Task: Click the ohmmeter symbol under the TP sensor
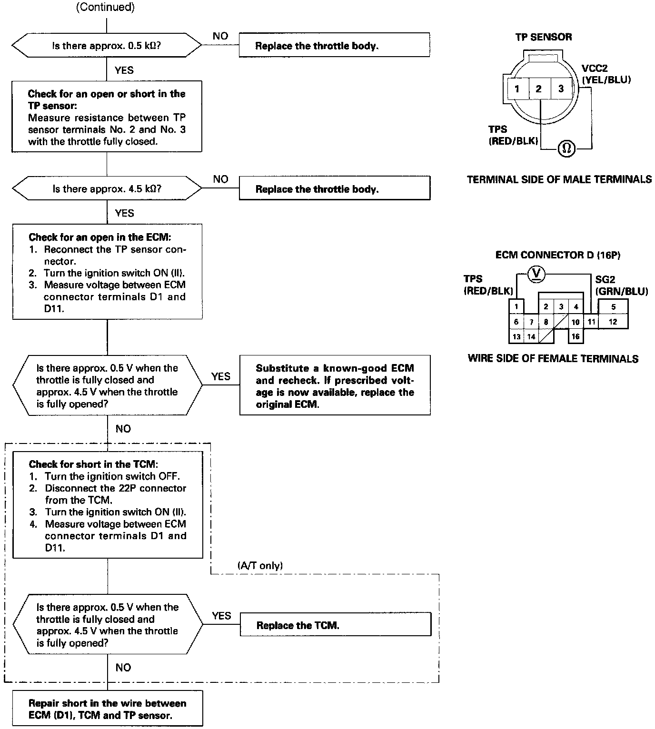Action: tap(566, 148)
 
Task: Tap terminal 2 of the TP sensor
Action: tap(539, 89)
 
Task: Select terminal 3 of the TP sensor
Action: tap(561, 89)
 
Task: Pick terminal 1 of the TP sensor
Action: tap(517, 89)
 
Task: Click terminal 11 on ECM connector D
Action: tap(591, 322)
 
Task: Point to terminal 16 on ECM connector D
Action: tap(576, 336)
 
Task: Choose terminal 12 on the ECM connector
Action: tap(613, 322)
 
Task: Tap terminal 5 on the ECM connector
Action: tap(613, 307)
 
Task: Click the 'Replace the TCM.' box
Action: tap(335, 625)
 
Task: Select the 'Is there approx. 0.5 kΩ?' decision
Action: tap(107, 46)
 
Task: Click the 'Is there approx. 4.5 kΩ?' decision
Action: tap(107, 189)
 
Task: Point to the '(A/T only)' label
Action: tap(260, 566)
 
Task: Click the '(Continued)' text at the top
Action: tap(106, 7)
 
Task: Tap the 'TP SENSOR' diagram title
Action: tap(544, 37)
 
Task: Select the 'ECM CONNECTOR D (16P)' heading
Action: tap(558, 255)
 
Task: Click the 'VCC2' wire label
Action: tap(595, 69)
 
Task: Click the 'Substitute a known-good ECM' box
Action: tap(335, 386)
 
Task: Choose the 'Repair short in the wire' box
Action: tap(107, 709)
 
